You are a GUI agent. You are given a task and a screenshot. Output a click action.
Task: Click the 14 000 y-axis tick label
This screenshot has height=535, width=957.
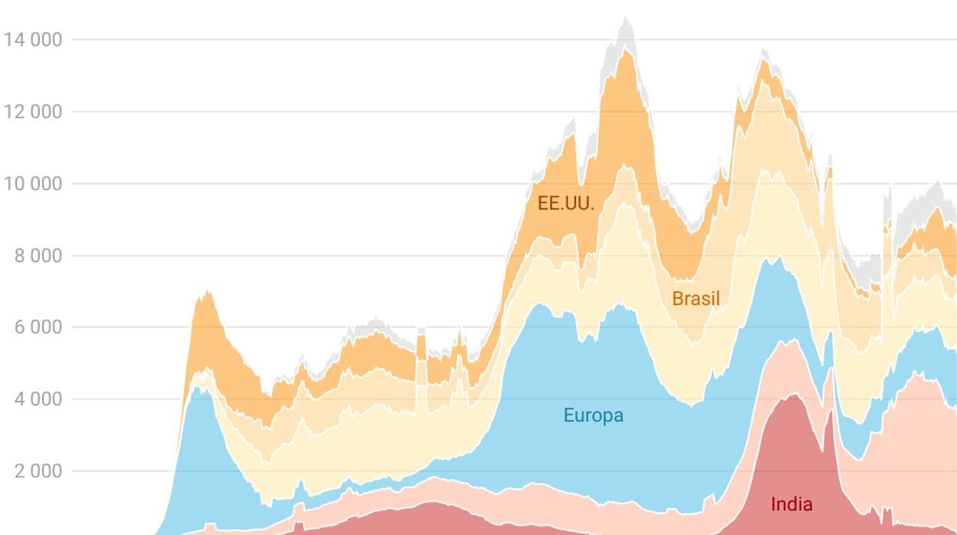click(x=32, y=40)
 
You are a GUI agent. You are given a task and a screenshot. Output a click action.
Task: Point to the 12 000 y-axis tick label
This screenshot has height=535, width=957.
click(x=32, y=112)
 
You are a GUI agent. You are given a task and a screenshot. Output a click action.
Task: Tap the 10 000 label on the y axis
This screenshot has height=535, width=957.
click(x=32, y=184)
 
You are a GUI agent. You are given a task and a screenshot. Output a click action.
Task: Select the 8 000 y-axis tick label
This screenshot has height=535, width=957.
click(x=38, y=256)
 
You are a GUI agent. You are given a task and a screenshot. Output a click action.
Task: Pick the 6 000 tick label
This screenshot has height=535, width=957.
click(x=38, y=327)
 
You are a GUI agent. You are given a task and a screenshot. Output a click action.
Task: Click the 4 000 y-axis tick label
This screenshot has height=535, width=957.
click(x=38, y=399)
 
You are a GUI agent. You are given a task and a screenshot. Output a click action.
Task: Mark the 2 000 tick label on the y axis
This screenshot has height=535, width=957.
click(x=38, y=471)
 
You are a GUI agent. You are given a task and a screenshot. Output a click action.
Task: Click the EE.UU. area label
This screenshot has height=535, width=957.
click(x=566, y=203)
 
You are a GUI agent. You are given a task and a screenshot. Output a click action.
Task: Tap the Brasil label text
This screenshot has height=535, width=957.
click(x=696, y=298)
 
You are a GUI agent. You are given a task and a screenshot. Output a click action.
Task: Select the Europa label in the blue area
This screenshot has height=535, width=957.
click(x=593, y=415)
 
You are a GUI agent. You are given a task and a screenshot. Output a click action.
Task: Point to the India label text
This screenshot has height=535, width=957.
click(x=791, y=504)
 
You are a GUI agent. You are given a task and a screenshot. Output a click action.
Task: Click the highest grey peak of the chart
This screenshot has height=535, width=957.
click(x=626, y=18)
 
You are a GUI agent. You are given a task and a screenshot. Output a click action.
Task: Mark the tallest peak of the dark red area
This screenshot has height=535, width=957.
click(x=793, y=395)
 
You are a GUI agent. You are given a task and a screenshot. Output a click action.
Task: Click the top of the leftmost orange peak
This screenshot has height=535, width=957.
click(x=206, y=293)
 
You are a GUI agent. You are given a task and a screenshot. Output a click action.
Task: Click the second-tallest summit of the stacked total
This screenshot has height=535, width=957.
click(x=764, y=51)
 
